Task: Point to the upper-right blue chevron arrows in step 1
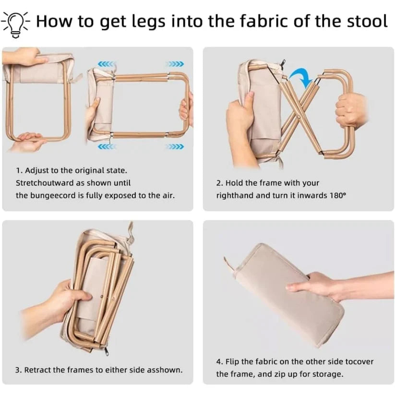coord(175,64)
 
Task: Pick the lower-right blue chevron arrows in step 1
coord(175,146)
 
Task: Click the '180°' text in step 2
coord(338,195)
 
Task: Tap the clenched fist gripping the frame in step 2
coord(350,109)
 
